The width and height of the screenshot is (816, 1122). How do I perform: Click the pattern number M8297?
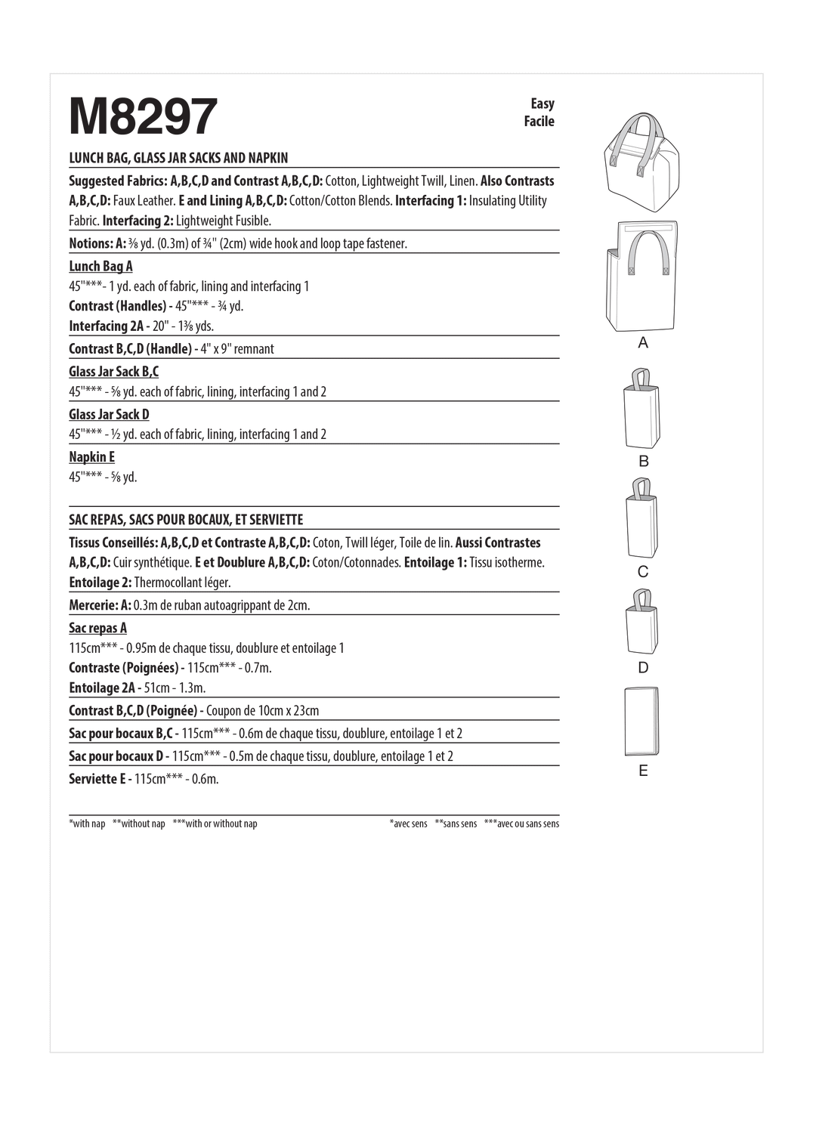pyautogui.click(x=143, y=117)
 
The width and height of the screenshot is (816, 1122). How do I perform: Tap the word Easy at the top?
pyautogui.click(x=542, y=104)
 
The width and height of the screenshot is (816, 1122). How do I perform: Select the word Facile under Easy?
pyautogui.click(x=539, y=121)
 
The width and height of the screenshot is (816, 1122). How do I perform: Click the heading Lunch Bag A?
pyautogui.click(x=100, y=266)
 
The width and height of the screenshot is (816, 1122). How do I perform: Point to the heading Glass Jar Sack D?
pyautogui.click(x=109, y=414)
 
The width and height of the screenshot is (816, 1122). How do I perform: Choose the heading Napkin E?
pyautogui.click(x=91, y=456)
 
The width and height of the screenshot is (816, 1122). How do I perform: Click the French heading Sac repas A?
pyautogui.click(x=97, y=628)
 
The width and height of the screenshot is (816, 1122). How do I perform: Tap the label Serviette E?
pyautogui.click(x=97, y=778)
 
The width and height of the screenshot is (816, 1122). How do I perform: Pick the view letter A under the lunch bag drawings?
pyautogui.click(x=643, y=343)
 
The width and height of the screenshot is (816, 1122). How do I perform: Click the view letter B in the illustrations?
pyautogui.click(x=644, y=461)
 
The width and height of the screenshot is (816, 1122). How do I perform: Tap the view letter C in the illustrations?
pyautogui.click(x=643, y=572)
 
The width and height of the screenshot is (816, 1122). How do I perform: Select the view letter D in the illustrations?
pyautogui.click(x=643, y=667)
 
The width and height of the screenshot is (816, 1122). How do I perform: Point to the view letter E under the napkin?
pyautogui.click(x=643, y=771)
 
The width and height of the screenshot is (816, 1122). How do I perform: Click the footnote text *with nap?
pyautogui.click(x=87, y=824)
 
